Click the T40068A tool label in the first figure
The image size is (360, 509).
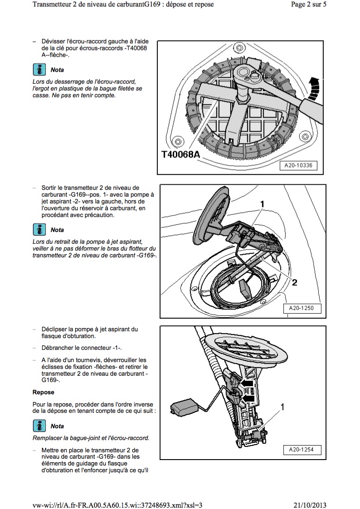pyautogui.click(x=181, y=154)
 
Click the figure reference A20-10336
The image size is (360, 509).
pyautogui.click(x=298, y=165)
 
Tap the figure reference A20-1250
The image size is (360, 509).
pyautogui.click(x=301, y=308)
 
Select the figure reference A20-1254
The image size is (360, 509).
pyautogui.click(x=301, y=450)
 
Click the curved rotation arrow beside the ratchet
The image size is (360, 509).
pyautogui.click(x=314, y=88)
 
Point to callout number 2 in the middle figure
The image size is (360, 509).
pyautogui.click(x=294, y=282)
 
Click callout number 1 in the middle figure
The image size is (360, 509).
pyautogui.click(x=262, y=204)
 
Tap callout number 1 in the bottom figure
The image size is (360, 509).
pyautogui.click(x=282, y=407)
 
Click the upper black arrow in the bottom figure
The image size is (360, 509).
pyautogui.click(x=248, y=384)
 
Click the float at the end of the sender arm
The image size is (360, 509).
pyautogui.click(x=184, y=407)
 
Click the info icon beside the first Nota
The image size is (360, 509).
pyautogui.click(x=39, y=69)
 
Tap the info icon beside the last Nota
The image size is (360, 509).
pyautogui.click(x=39, y=426)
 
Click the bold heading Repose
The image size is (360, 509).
pyautogui.click(x=43, y=392)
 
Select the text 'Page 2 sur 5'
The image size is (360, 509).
pyautogui.click(x=308, y=4)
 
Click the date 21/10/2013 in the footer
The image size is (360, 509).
pyautogui.click(x=310, y=505)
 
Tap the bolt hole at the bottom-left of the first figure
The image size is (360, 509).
pyautogui.click(x=177, y=141)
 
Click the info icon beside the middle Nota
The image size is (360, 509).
pyautogui.click(x=39, y=229)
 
